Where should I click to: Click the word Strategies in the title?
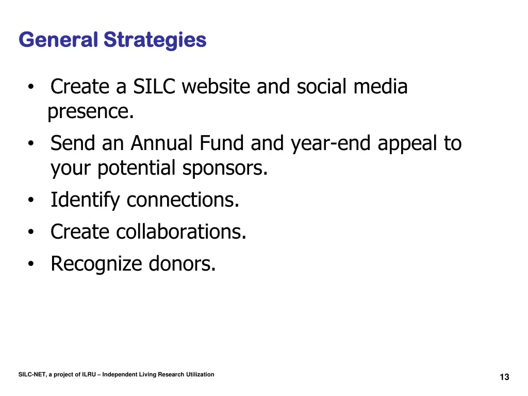tap(155, 40)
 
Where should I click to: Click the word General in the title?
tap(58, 40)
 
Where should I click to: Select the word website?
tap(217, 87)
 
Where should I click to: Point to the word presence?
tap(91, 112)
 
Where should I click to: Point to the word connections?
tap(183, 200)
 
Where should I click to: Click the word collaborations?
tap(181, 232)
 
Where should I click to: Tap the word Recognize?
tap(96, 264)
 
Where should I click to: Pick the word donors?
tap(182, 264)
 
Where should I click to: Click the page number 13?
tap(504, 377)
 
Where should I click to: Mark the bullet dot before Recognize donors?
tap(32, 265)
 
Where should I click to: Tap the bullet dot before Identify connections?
tap(32, 201)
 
